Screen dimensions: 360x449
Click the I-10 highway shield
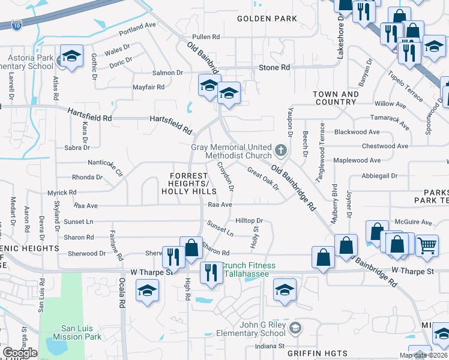coord(16,25)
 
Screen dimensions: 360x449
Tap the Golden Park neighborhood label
coord(267,19)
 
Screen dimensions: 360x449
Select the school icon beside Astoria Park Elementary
coord(71,57)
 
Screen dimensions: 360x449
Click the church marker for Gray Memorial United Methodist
coord(279,149)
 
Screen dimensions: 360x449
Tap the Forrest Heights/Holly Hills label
coord(188,183)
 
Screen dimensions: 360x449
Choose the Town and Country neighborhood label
coord(336,98)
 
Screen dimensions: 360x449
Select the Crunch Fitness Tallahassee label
coord(249,269)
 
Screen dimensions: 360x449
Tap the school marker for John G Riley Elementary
coord(295,328)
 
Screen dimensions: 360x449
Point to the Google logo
coord(19,353)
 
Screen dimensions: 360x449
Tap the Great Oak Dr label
coord(263,178)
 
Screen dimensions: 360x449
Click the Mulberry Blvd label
coord(334,202)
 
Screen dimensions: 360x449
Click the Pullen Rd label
coord(206,37)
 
